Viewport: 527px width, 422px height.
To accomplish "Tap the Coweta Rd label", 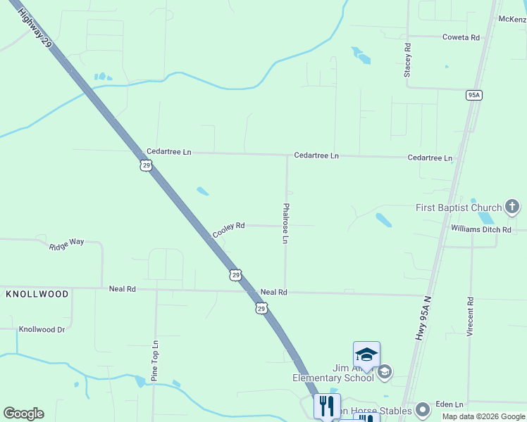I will click(461, 37).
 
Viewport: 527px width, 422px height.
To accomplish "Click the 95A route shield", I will click(473, 96).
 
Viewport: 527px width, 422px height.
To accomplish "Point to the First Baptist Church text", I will click(459, 207).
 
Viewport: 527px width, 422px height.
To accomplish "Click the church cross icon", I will click(512, 207).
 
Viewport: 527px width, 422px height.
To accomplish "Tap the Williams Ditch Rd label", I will click(490, 229).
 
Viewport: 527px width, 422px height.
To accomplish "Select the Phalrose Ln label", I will click(285, 224).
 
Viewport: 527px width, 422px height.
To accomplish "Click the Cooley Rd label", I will click(229, 229).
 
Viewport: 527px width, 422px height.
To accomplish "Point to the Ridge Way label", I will click(66, 244).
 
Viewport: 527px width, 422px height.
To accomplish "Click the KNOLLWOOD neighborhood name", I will click(37, 293).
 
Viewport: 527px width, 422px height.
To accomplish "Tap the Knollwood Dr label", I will click(42, 329).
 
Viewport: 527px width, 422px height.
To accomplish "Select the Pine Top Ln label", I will click(155, 362).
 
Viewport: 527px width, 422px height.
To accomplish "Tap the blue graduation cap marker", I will click(366, 354).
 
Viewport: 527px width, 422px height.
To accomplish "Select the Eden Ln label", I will click(449, 404).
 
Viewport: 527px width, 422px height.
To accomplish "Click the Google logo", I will click(23, 414).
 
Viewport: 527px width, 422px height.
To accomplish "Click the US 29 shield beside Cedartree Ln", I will click(145, 165).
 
